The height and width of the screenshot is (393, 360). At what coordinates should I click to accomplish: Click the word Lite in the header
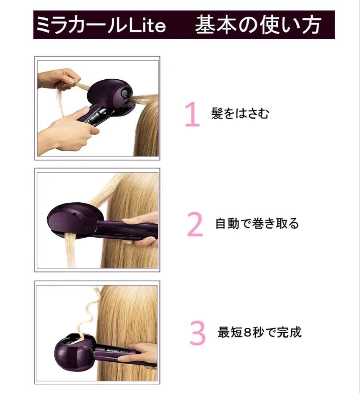(x=147, y=25)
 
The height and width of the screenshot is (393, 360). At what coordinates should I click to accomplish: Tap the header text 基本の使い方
(x=258, y=25)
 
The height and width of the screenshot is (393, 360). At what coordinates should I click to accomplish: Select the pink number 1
(x=193, y=115)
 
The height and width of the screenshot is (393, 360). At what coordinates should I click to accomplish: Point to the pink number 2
(x=195, y=224)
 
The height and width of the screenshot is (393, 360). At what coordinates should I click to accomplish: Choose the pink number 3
(x=198, y=333)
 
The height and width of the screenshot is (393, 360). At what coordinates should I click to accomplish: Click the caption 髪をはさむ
(x=240, y=114)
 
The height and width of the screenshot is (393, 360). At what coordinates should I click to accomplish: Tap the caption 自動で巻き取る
(x=257, y=223)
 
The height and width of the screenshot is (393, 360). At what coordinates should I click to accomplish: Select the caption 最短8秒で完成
(x=259, y=332)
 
